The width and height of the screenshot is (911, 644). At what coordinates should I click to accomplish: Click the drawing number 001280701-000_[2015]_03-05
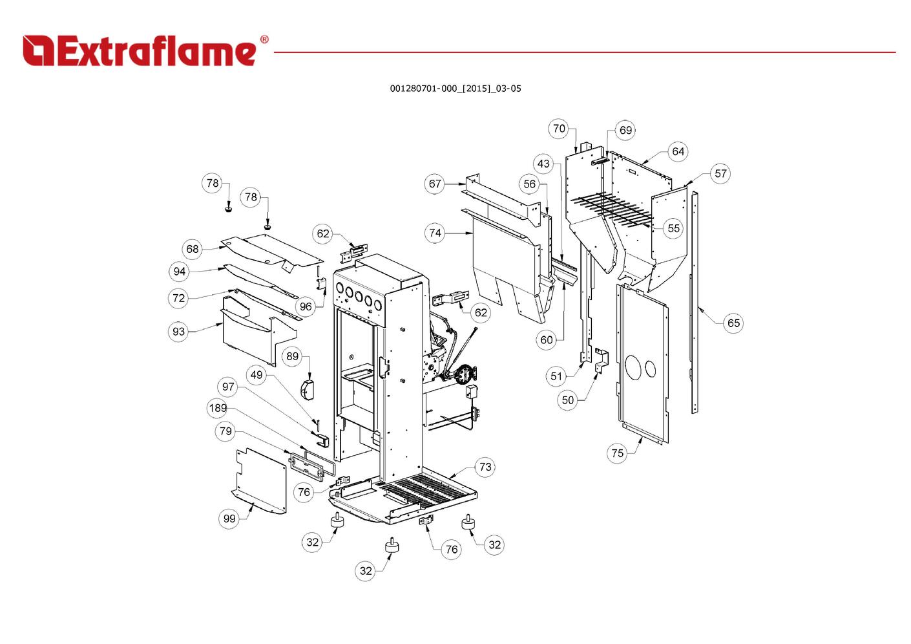(455, 89)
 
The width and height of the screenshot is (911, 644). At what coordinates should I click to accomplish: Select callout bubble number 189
(218, 408)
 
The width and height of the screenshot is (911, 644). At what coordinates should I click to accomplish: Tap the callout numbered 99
(229, 518)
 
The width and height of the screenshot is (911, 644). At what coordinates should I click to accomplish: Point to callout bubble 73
(486, 467)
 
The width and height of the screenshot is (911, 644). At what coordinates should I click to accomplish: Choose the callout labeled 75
(618, 453)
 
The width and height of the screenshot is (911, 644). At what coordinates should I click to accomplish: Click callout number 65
(734, 323)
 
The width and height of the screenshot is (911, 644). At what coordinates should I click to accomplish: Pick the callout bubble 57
(720, 173)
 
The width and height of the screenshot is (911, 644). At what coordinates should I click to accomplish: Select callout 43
(543, 164)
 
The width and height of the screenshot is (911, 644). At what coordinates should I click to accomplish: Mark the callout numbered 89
(293, 356)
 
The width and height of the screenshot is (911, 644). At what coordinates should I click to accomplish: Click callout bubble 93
(178, 331)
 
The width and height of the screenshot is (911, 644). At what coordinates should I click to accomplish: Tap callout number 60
(547, 339)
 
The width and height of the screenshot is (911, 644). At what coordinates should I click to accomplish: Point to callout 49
(257, 374)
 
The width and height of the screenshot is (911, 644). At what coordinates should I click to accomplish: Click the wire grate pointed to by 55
(612, 210)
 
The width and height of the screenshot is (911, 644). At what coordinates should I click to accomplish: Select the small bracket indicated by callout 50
(602, 361)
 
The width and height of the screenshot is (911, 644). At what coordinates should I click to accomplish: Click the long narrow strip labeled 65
(695, 302)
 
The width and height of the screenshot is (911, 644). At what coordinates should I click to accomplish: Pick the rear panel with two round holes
(643, 364)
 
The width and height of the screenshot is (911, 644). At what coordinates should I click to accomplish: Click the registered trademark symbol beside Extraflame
(264, 39)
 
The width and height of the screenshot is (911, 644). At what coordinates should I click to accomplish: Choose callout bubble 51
(556, 376)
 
